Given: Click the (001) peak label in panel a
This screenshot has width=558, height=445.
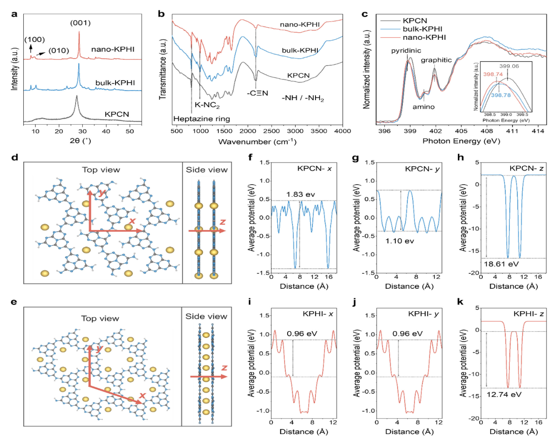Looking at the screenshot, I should pyautogui.click(x=81, y=23).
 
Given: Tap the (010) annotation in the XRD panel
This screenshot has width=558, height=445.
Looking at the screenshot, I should pyautogui.click(x=59, y=50).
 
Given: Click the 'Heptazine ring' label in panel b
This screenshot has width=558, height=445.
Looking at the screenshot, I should pyautogui.click(x=202, y=119).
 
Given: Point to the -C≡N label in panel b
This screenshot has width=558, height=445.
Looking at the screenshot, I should pyautogui.click(x=257, y=93).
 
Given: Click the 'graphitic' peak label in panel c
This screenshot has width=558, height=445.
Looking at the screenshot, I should pyautogui.click(x=436, y=60).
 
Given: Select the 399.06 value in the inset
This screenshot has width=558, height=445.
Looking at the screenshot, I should pyautogui.click(x=509, y=66).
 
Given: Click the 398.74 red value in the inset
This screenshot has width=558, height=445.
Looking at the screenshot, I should pyautogui.click(x=493, y=74).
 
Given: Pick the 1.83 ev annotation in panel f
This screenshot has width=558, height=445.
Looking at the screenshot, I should pyautogui.click(x=301, y=194).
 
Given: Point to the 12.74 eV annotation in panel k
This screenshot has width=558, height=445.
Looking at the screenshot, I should pyautogui.click(x=504, y=395).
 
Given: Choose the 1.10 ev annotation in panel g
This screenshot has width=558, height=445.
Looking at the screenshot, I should pyautogui.click(x=400, y=241).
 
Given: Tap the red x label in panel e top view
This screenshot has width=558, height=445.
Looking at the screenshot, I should pyautogui.click(x=143, y=395).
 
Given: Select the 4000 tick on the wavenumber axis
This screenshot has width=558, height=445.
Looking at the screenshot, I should pyautogui.click(x=342, y=131).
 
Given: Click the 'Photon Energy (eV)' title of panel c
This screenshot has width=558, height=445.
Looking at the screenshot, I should pyautogui.click(x=461, y=141).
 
